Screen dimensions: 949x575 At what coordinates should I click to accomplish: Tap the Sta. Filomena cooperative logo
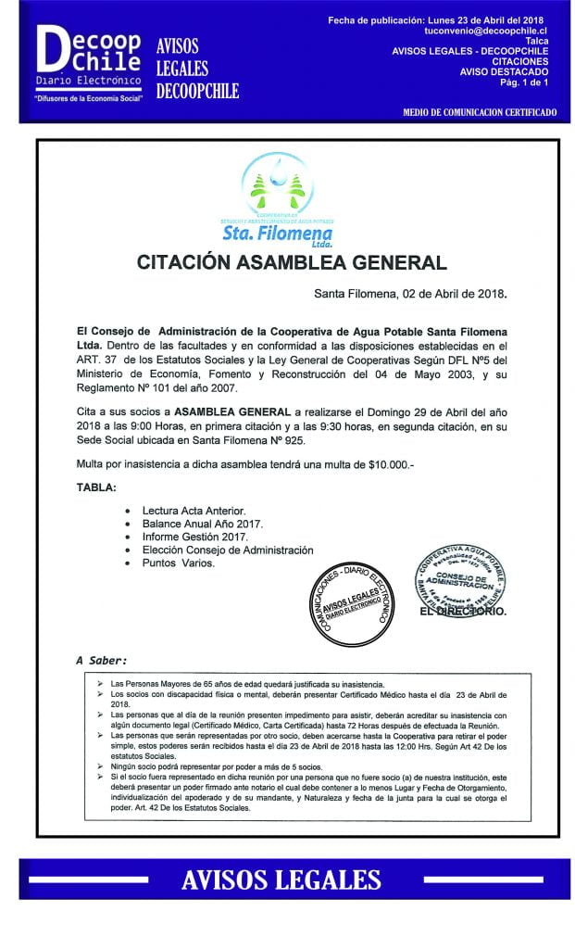(x=277, y=199)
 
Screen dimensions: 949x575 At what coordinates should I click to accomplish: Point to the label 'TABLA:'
(x=97, y=487)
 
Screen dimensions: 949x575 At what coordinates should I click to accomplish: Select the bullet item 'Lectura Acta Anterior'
(x=194, y=511)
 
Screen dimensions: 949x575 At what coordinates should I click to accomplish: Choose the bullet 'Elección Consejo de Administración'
(x=228, y=550)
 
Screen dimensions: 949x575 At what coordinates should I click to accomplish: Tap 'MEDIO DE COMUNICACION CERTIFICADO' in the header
(x=480, y=111)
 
